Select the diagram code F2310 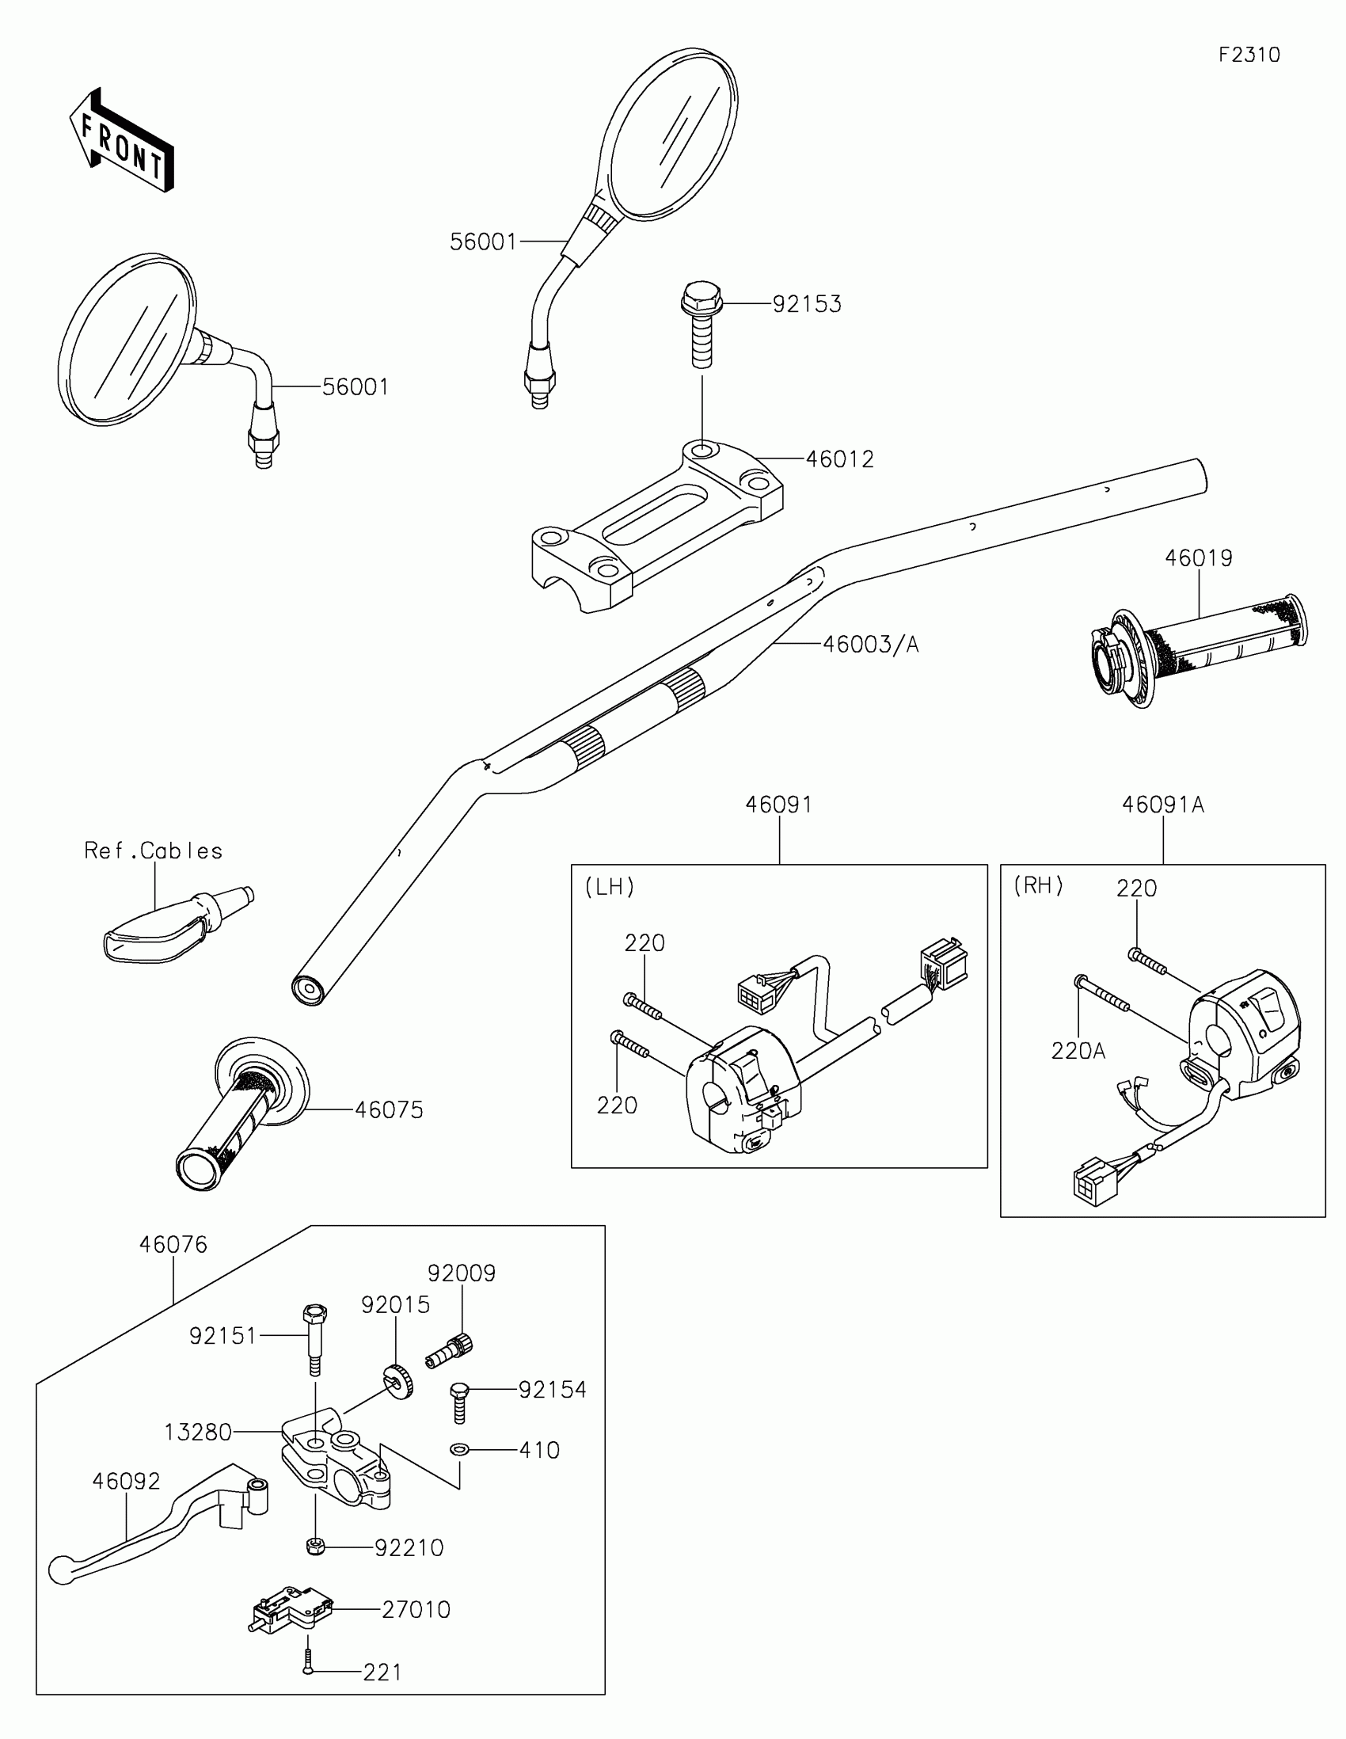pos(1249,55)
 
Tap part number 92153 pos(806,304)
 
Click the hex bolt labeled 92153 pos(702,323)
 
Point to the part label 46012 pos(840,459)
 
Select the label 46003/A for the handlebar pos(870,644)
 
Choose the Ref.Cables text pos(154,851)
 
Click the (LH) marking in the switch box pos(610,887)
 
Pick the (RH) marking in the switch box pos(1038,885)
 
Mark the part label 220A pos(1078,1051)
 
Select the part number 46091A pos(1162,805)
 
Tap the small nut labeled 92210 pos(314,1547)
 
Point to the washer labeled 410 pos(458,1450)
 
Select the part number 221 pos(382,1672)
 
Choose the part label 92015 pos(395,1304)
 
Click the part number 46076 pos(173,1244)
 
